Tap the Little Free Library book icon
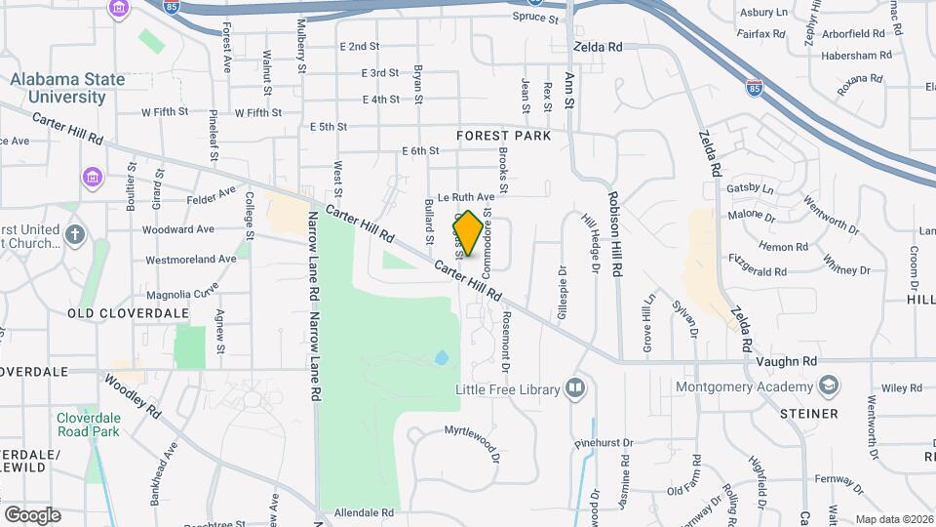575,389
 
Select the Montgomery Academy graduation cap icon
829,387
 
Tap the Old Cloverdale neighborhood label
114,312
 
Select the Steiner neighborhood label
808,414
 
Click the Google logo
32,514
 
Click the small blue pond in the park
442,358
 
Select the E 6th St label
421,150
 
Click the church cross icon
74,234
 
